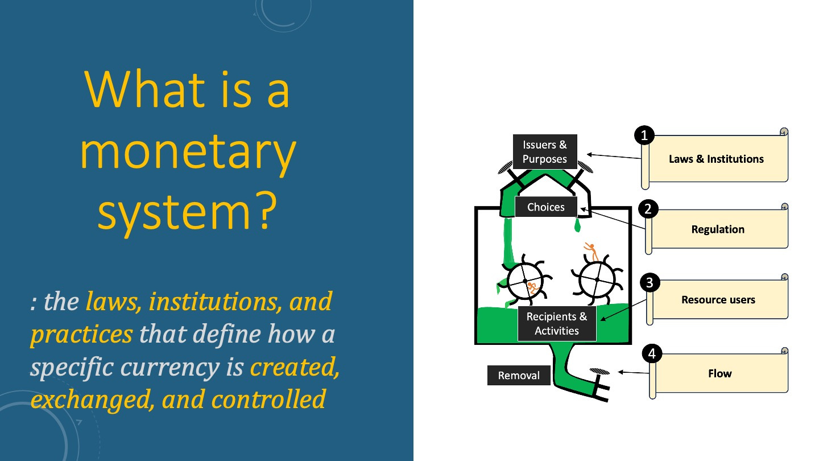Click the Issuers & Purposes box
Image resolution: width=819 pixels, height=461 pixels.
pyautogui.click(x=544, y=152)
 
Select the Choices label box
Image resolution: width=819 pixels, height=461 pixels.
pyautogui.click(x=545, y=207)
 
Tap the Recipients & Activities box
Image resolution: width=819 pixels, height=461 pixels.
pyautogui.click(x=556, y=324)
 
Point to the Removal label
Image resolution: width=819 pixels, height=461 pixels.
pyautogui.click(x=518, y=376)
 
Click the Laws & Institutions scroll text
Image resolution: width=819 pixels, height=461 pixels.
pyautogui.click(x=716, y=159)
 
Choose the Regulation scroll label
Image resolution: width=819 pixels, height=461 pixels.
pyautogui.click(x=718, y=229)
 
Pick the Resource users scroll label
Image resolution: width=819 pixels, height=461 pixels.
pyautogui.click(x=718, y=299)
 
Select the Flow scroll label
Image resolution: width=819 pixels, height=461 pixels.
pyautogui.click(x=719, y=373)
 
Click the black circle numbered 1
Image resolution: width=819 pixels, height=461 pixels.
pyautogui.click(x=644, y=135)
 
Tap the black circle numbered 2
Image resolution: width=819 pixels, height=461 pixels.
pyautogui.click(x=648, y=209)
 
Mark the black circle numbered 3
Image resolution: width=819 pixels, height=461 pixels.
pyautogui.click(x=650, y=282)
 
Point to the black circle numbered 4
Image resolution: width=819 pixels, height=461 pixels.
pyautogui.click(x=652, y=354)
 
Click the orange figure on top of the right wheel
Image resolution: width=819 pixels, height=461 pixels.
pyautogui.click(x=591, y=251)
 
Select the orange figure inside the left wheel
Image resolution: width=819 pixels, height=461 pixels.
pyautogui.click(x=532, y=287)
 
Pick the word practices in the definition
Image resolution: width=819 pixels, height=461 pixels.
pyautogui.click(x=81, y=334)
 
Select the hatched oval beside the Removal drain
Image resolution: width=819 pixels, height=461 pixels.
pyautogui.click(x=598, y=372)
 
